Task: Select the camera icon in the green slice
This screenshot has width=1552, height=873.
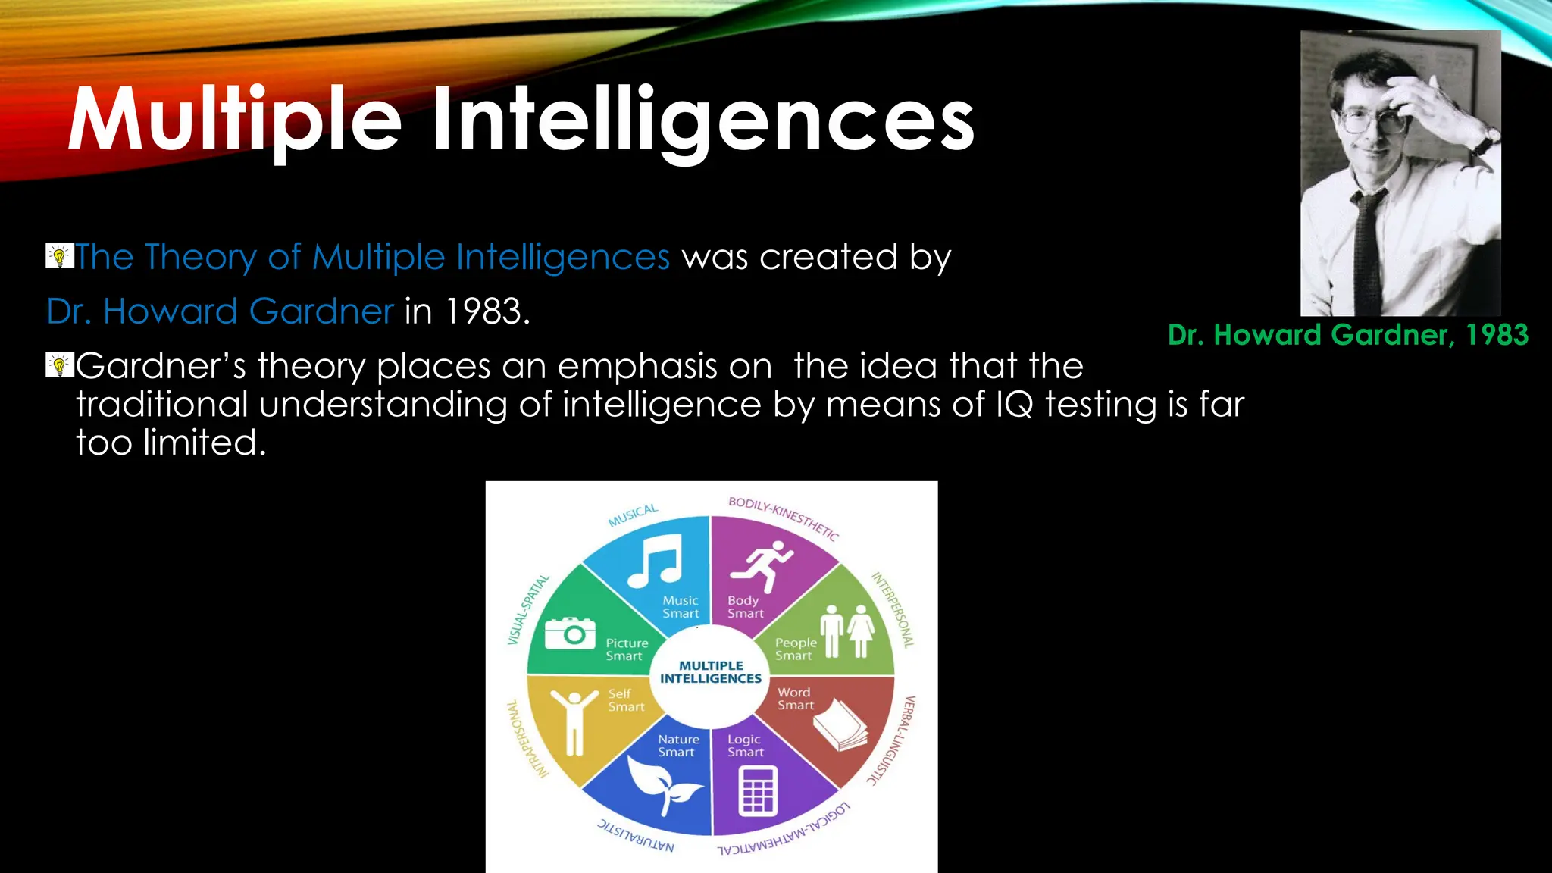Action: [571, 633]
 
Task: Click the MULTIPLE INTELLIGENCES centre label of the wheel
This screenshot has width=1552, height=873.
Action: [711, 672]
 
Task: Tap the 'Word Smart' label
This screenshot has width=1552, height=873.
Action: [795, 699]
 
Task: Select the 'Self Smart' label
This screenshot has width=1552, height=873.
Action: [626, 700]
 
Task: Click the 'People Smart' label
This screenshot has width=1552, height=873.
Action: [796, 649]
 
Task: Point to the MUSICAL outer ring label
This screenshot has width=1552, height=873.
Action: [634, 515]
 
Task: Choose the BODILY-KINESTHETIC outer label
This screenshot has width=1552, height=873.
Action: [784, 518]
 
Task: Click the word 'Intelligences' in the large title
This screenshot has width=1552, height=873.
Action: [703, 121]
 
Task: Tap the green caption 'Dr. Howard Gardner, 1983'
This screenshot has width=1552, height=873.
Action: [1348, 335]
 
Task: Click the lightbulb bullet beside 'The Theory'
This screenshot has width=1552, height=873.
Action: [59, 256]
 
